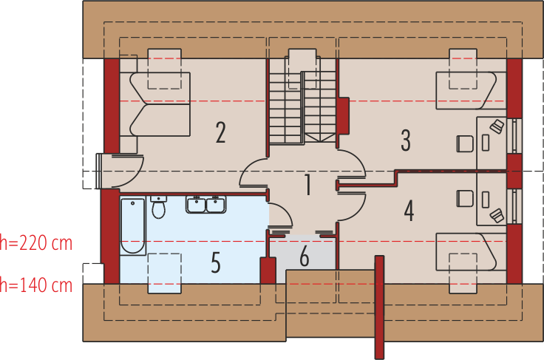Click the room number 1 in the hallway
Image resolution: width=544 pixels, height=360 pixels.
click(x=307, y=185)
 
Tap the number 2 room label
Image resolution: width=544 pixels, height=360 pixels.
click(x=221, y=132)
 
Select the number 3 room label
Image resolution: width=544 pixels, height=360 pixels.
click(x=406, y=140)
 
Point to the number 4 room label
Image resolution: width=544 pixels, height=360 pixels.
click(x=409, y=211)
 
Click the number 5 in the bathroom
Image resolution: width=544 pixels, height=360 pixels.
click(x=216, y=262)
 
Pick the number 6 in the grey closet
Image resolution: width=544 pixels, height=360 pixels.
click(x=305, y=257)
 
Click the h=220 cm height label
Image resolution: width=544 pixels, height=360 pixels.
click(x=36, y=243)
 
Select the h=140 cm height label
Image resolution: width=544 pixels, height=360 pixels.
click(x=36, y=285)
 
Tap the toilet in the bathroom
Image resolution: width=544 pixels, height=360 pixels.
click(x=159, y=207)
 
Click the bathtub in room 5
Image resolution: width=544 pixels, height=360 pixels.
click(x=133, y=226)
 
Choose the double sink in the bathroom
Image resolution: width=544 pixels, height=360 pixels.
click(x=206, y=204)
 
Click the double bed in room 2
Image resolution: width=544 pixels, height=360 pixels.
click(x=160, y=104)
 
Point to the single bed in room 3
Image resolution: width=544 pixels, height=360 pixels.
click(x=471, y=91)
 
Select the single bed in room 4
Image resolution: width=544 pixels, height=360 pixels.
click(x=471, y=252)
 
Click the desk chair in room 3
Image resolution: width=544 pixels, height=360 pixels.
click(x=465, y=143)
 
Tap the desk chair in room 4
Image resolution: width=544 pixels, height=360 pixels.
click(x=465, y=199)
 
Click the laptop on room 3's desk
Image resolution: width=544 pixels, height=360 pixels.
click(x=497, y=126)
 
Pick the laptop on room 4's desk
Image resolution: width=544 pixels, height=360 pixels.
click(x=497, y=215)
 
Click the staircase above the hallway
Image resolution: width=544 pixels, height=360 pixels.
click(x=303, y=107)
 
